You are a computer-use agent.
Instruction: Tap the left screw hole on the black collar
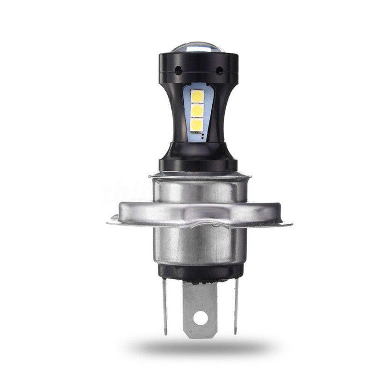[179, 70]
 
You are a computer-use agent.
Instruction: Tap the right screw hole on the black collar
[220, 70]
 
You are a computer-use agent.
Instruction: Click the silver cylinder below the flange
[198, 247]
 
